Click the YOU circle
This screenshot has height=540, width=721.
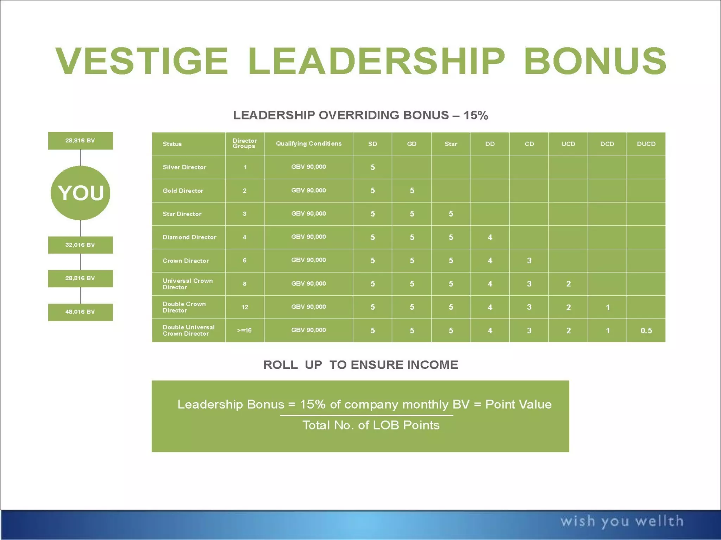81,193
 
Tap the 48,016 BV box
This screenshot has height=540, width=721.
80,312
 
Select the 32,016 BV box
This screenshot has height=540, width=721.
80,245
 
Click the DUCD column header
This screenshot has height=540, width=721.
646,144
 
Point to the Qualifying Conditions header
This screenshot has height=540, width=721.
308,143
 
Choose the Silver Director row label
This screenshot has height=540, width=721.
184,167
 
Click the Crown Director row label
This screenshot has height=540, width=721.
186,261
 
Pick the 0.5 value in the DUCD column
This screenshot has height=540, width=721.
646,330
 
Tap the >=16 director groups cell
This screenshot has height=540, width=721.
244,330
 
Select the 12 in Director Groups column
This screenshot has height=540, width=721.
245,307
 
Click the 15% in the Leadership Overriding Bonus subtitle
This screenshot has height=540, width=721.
476,115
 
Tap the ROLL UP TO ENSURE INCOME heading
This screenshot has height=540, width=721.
360,365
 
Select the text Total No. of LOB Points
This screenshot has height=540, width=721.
371,425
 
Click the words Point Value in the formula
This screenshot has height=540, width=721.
518,404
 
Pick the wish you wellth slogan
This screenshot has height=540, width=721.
622,521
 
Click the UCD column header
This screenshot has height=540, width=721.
568,144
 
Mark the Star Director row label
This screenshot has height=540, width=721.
182,214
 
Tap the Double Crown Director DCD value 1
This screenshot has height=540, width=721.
607,307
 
